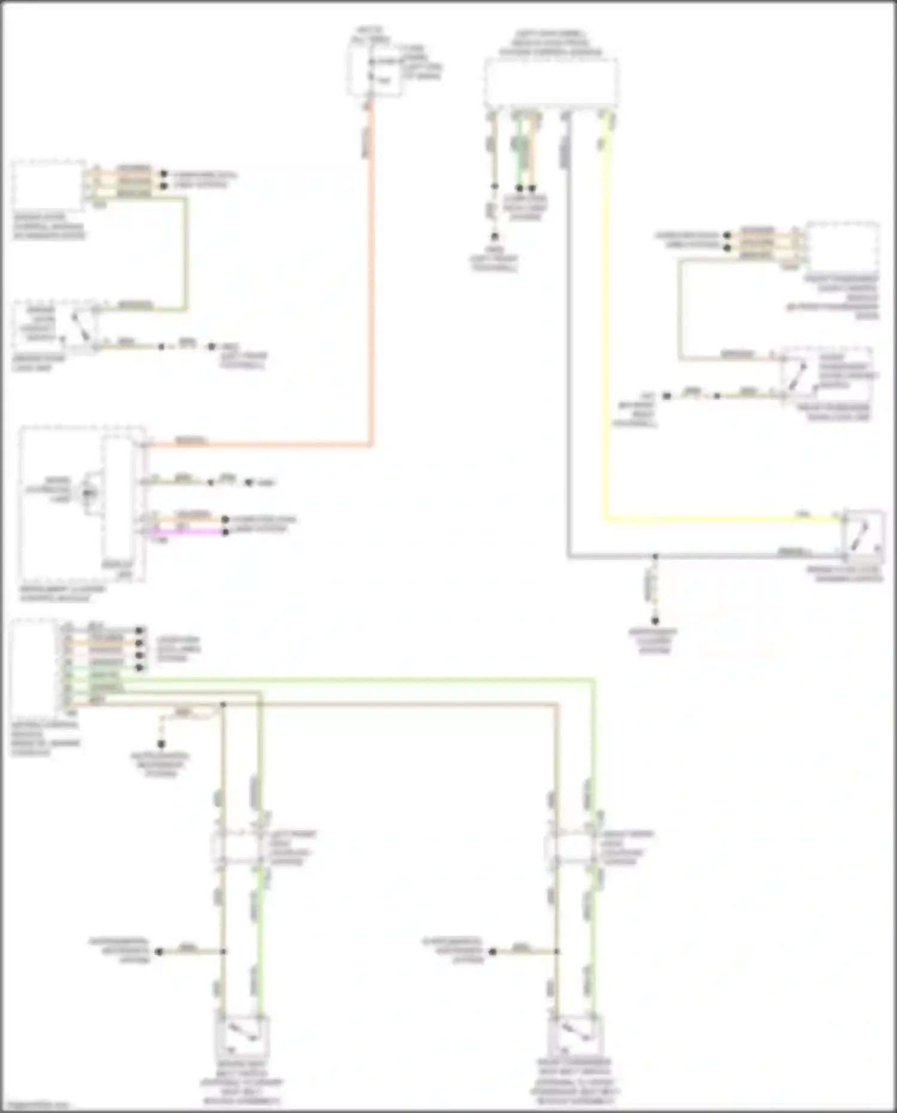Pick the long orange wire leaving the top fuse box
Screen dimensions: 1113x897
tap(371, 299)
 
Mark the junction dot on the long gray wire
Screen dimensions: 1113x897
tap(655, 556)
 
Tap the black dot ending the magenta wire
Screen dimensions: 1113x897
tap(225, 532)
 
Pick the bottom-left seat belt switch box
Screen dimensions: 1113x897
tap(242, 1036)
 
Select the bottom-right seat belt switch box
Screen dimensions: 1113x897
tap(575, 1036)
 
